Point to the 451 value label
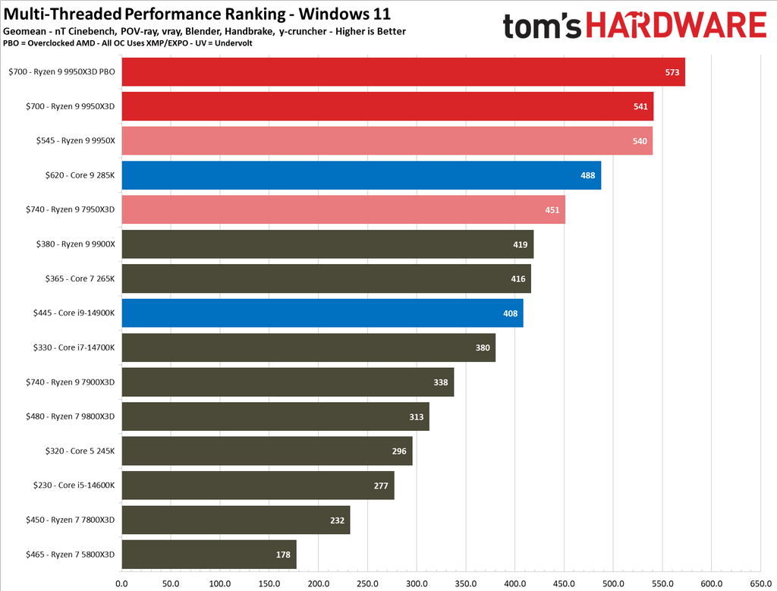552,210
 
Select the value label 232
337,520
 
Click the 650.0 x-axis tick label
760,584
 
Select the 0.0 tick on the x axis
121,584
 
